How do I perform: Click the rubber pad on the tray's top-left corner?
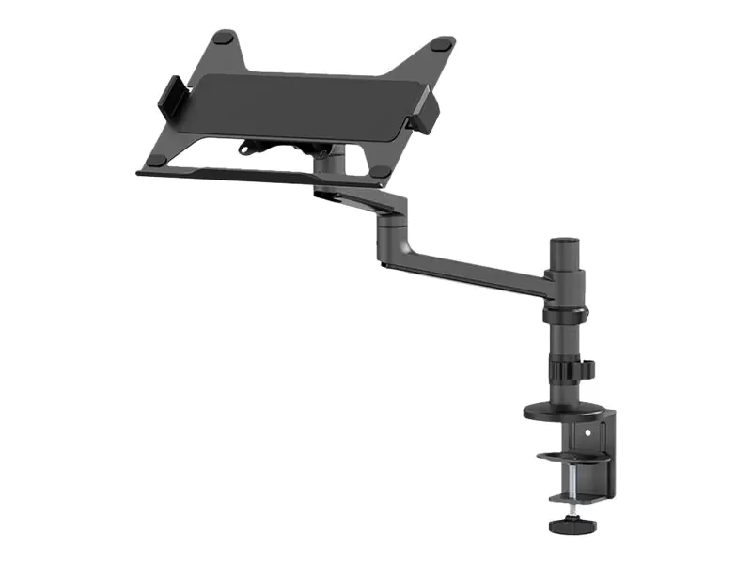tap(223, 38)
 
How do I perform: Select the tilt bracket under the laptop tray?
tap(282, 149)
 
